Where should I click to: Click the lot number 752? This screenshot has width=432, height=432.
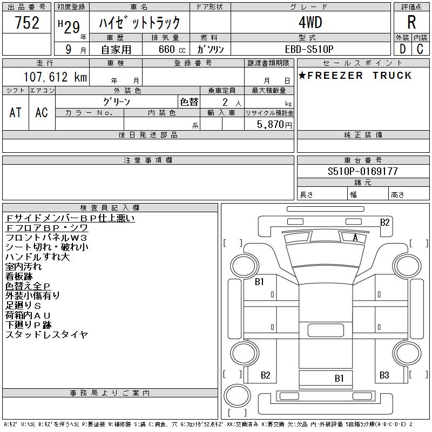tap(27, 23)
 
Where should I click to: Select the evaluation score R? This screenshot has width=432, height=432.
tap(411, 23)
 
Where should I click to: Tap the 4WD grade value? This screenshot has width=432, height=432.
tap(310, 23)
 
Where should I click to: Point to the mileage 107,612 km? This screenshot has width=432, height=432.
tap(55, 77)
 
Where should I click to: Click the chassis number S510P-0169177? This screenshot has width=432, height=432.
tap(363, 171)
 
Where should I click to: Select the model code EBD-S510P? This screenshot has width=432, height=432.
tap(309, 49)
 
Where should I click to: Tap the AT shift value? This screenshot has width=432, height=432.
tap(16, 112)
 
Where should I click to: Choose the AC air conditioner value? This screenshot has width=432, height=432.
tap(42, 112)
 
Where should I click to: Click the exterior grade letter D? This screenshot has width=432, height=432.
tap(402, 49)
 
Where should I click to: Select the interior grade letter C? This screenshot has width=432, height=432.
tap(420, 49)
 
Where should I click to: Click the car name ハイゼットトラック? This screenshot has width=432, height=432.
tap(139, 23)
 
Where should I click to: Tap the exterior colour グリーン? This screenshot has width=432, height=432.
tap(117, 102)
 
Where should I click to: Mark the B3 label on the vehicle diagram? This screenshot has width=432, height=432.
tap(384, 375)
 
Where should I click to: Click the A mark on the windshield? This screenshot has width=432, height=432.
tap(355, 238)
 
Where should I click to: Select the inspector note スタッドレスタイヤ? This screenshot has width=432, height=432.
tap(46, 335)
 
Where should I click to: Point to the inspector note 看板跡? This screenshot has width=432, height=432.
tap(19, 276)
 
